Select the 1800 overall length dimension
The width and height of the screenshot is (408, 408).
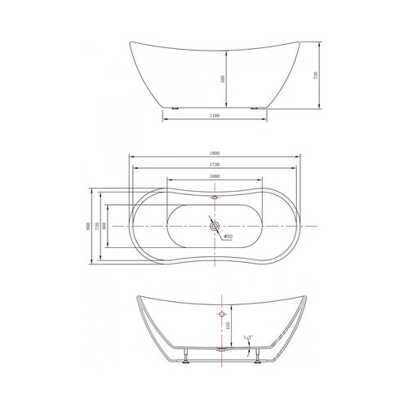(x=214, y=153)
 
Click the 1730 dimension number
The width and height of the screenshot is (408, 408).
(x=214, y=166)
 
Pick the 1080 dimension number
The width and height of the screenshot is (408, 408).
(x=214, y=176)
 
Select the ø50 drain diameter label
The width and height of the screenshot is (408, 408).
(x=229, y=237)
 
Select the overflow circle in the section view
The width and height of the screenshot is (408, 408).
(x=220, y=313)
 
